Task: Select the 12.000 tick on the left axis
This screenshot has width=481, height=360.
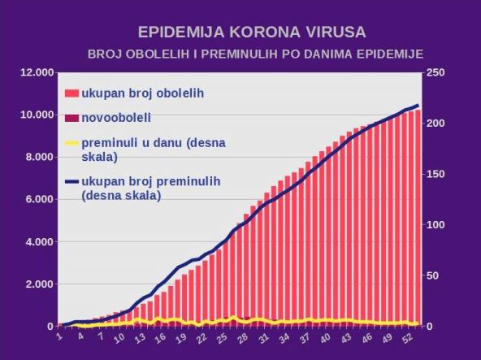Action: click(x=37, y=73)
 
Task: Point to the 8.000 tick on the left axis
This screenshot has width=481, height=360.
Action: click(x=39, y=158)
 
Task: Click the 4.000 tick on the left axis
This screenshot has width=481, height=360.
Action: click(x=39, y=242)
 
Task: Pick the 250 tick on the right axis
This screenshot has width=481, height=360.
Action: click(x=435, y=73)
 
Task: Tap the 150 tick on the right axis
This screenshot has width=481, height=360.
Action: click(x=435, y=174)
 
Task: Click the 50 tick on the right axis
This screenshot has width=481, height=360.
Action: click(x=433, y=275)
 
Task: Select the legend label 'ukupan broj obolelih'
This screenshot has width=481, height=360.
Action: click(x=142, y=93)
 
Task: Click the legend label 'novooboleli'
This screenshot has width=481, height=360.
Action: click(x=116, y=118)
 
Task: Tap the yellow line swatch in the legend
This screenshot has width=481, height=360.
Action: click(x=71, y=143)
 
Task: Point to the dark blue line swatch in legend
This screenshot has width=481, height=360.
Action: click(x=71, y=180)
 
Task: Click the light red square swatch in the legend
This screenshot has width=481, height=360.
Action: click(x=71, y=93)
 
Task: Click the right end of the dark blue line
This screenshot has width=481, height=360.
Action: click(x=418, y=106)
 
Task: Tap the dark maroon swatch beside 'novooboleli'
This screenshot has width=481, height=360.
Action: click(x=71, y=118)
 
